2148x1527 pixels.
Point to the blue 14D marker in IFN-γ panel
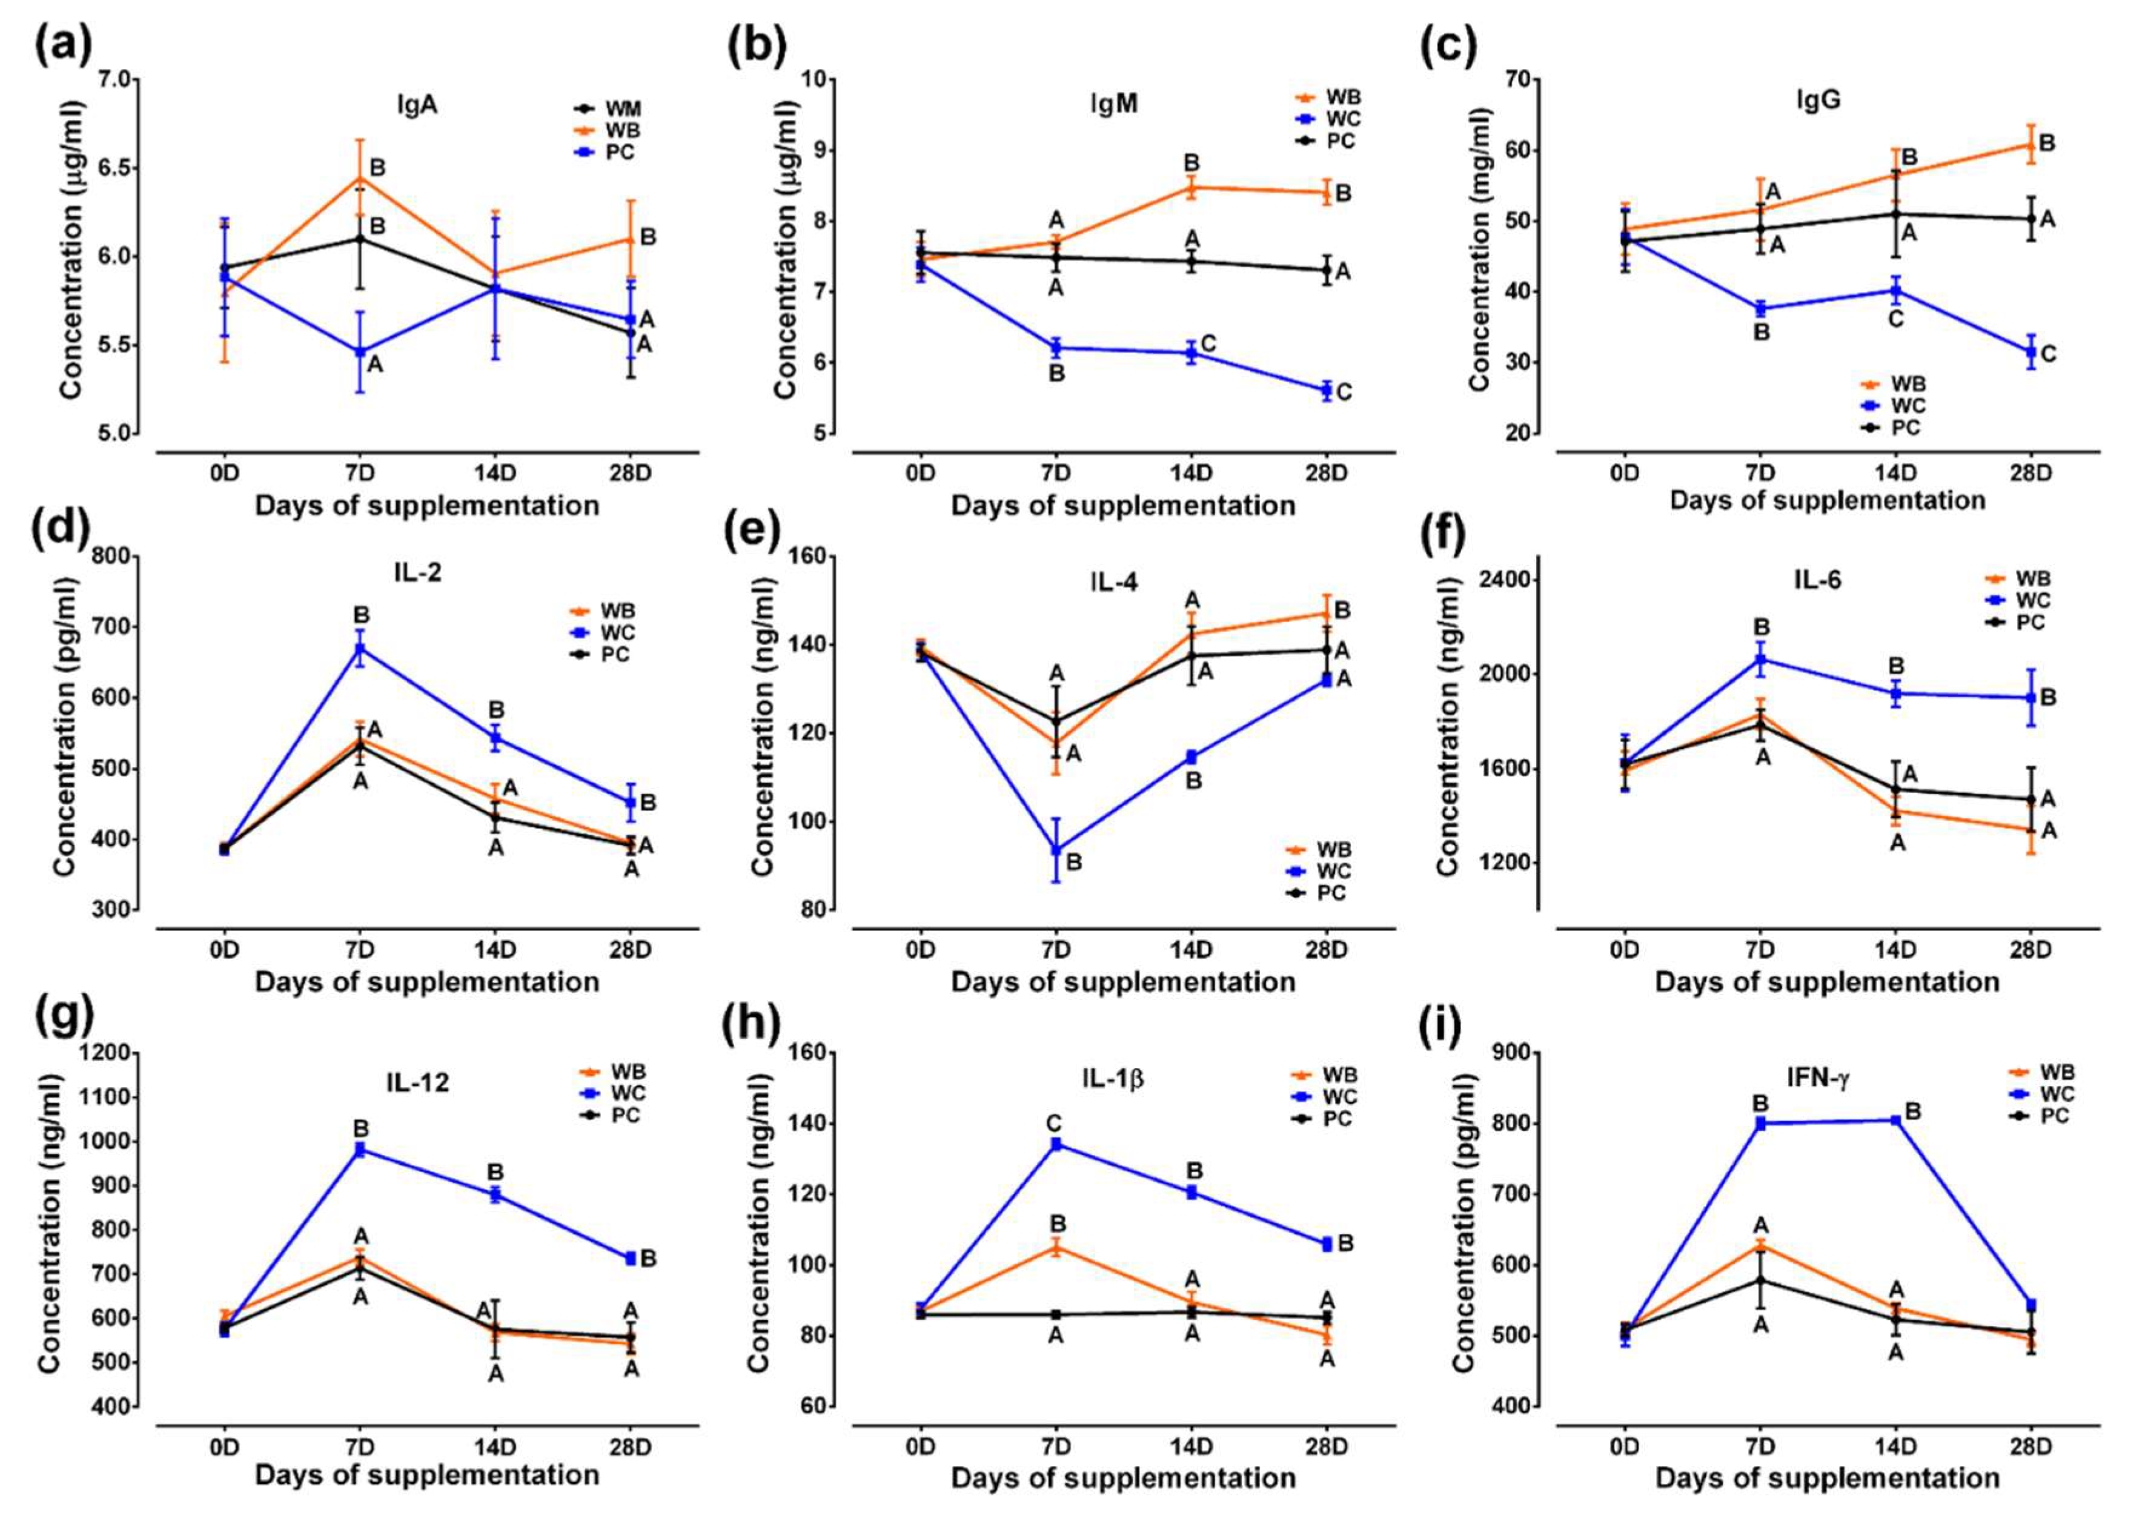(x=1895, y=1120)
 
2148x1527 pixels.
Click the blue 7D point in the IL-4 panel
(x=1056, y=850)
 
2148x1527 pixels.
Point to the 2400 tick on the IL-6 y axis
(x=1506, y=580)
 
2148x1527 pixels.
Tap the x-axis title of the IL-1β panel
(x=1123, y=1477)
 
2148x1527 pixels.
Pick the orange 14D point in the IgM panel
(x=1192, y=188)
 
